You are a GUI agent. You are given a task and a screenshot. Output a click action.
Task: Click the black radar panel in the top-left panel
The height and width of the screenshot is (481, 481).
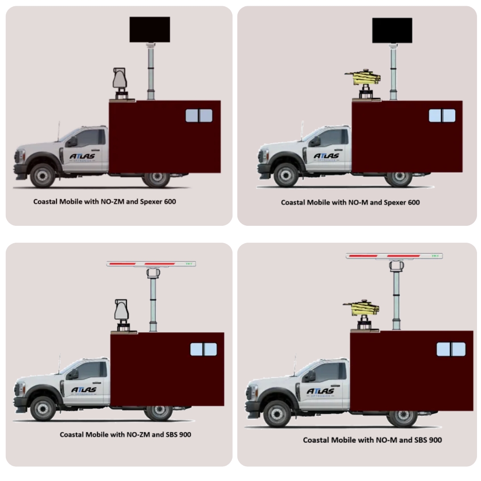pos(150,29)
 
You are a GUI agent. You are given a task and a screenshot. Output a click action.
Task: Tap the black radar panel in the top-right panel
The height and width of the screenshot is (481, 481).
pos(392,30)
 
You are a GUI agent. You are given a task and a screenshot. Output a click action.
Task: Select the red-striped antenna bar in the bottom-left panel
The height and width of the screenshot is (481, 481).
pos(151,264)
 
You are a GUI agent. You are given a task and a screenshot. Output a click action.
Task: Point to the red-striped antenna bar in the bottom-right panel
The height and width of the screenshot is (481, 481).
pos(394,256)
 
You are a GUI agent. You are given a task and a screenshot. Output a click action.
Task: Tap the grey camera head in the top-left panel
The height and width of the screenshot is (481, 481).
pos(120,80)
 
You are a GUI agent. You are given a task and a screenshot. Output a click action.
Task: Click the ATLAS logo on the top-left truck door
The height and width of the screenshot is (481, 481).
pos(82,157)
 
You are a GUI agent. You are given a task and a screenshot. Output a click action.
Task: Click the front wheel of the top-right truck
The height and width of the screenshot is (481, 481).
pos(286,175)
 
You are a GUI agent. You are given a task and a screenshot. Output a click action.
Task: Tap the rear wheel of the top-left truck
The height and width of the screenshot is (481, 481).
pos(157,179)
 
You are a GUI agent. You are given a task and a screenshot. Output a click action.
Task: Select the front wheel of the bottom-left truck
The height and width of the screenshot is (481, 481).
pos(43,408)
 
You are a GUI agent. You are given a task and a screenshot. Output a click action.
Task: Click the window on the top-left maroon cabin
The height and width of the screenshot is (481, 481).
pos(199,115)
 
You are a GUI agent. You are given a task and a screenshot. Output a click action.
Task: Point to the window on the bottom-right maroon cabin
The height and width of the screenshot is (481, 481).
pos(451,349)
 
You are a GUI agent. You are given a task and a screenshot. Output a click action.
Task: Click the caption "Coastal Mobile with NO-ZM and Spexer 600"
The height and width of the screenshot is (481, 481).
pos(105,202)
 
